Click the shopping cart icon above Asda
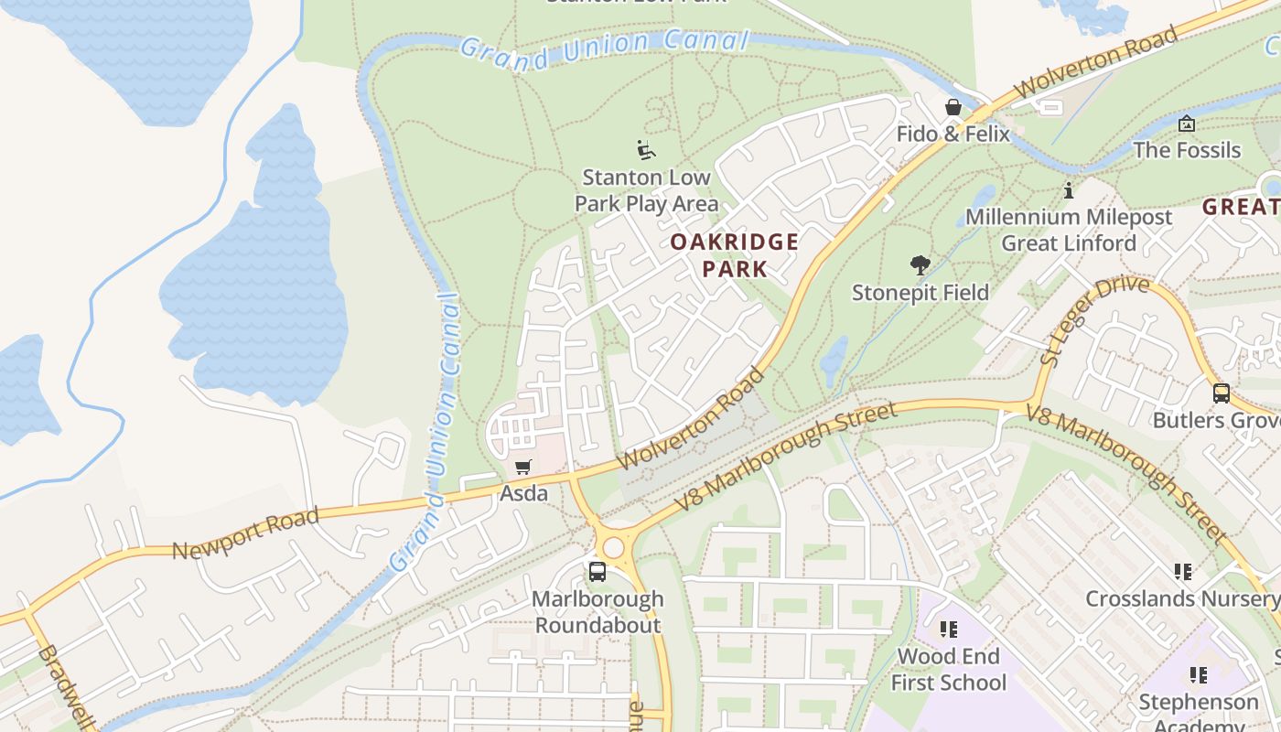(523, 468)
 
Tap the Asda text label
(523, 494)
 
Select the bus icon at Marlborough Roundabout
(597, 572)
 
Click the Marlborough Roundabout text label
(597, 613)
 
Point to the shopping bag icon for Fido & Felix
(953, 108)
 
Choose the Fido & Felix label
(953, 134)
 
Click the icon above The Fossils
(1187, 124)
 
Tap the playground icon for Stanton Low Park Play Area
(646, 149)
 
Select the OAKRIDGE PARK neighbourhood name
(735, 255)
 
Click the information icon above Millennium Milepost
(1068, 191)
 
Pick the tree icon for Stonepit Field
(920, 266)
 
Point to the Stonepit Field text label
(920, 293)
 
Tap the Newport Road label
(245, 533)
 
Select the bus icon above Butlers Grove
(1221, 393)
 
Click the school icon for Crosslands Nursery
(1182, 572)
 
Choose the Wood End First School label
(948, 670)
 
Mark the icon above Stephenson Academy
(1198, 675)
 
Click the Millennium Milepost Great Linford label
(1068, 231)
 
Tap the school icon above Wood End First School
(948, 630)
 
